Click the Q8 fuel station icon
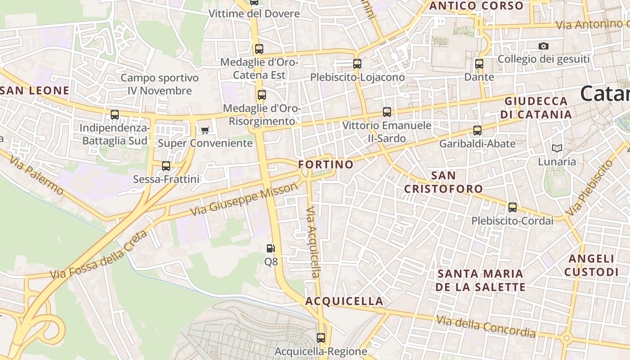[270, 248]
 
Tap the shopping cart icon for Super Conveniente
[205, 130]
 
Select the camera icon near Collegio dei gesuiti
[544, 46]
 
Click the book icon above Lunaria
[557, 148]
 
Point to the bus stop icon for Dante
[479, 64]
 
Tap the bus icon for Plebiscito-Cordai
[513, 207]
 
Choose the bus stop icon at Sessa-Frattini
[166, 166]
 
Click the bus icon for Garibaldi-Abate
[477, 130]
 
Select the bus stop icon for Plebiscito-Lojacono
[357, 64]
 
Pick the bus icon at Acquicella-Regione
[321, 337]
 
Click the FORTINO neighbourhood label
[326, 165]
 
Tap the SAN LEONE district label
[35, 90]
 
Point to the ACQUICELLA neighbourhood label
[345, 301]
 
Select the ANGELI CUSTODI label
[591, 265]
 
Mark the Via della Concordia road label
[486, 327]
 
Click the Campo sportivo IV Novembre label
[160, 84]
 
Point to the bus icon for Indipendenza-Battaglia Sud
[115, 115]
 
